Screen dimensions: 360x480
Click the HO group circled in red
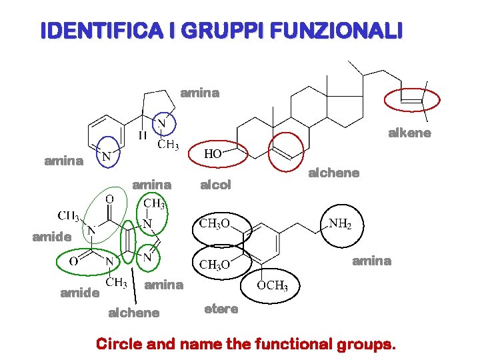click(213, 154)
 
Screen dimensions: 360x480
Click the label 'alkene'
click(409, 133)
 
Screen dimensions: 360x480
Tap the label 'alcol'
click(215, 185)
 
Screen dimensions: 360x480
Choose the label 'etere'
click(221, 309)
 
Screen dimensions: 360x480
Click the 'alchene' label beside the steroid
click(333, 173)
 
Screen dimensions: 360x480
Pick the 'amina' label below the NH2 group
click(371, 261)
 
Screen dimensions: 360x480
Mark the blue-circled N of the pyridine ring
click(105, 156)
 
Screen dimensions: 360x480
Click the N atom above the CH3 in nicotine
click(162, 124)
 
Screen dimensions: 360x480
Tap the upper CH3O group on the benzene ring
click(215, 223)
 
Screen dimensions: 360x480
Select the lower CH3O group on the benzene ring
click(215, 265)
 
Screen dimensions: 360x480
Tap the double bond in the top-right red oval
click(412, 99)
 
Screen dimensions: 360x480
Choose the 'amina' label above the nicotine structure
click(199, 93)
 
